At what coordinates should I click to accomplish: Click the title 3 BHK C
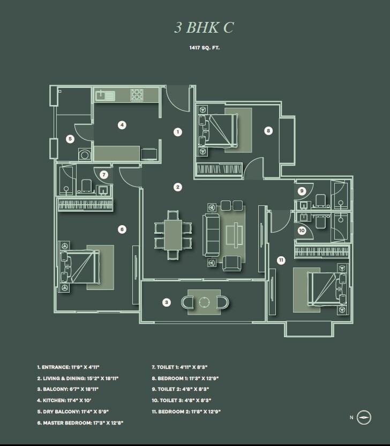204,28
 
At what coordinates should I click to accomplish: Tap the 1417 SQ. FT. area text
204,48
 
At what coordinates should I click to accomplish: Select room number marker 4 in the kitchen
122,125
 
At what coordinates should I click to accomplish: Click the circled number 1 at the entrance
178,131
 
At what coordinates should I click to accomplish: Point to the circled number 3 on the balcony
167,302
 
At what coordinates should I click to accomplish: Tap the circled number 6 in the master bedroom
122,229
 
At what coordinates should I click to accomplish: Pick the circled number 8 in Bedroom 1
268,130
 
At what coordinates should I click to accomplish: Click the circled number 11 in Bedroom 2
281,260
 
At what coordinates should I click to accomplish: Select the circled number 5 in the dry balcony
70,139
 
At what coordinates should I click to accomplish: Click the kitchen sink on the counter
105,96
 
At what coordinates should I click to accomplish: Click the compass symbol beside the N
364,417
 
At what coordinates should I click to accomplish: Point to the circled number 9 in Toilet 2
302,190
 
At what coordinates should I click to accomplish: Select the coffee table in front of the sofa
234,235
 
